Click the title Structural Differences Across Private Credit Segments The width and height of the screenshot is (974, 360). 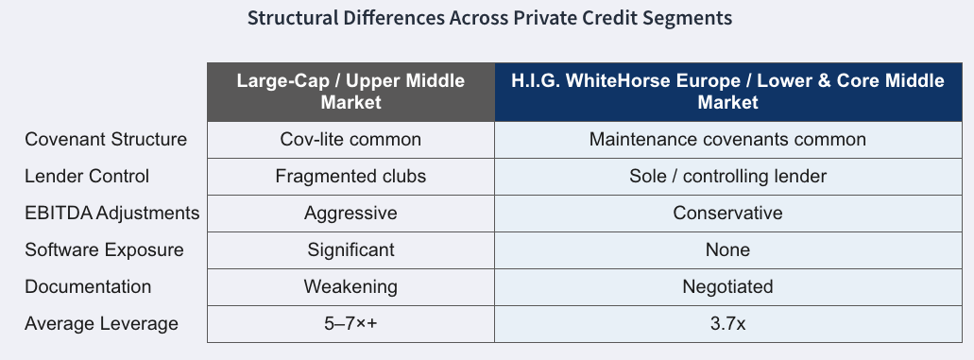489,18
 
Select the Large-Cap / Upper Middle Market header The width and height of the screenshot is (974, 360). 351,92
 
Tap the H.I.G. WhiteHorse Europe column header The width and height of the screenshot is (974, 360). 728,92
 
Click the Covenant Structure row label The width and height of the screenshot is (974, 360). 106,139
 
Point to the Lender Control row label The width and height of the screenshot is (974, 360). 87,176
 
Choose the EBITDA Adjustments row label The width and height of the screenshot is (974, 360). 111,214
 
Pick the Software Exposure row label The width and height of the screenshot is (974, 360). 104,250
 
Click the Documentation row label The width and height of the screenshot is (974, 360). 88,286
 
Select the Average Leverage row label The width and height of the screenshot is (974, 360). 101,324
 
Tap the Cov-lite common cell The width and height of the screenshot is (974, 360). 351,139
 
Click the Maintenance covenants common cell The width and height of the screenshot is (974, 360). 728,139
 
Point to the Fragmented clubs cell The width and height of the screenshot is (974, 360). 351,176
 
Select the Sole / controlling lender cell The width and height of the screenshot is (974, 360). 728,176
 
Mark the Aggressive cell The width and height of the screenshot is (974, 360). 351,214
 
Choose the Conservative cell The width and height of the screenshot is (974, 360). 728,214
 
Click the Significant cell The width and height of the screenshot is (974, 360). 351,250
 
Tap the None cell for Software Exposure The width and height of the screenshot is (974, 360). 728,250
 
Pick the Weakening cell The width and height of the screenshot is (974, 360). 351,286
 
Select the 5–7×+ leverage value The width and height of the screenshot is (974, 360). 351,324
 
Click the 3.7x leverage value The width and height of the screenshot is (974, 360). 728,324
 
